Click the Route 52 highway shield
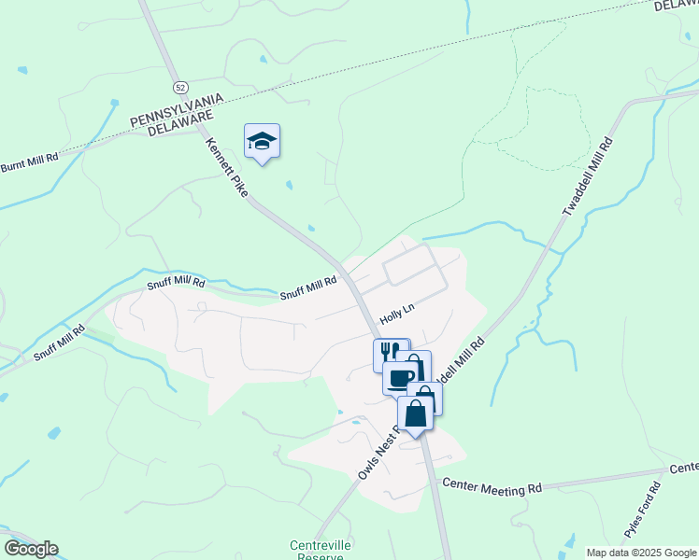[x=179, y=86]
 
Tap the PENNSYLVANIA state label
[x=177, y=109]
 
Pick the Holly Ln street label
[x=396, y=313]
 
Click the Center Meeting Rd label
[x=492, y=485]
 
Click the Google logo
[x=31, y=549]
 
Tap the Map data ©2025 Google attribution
[x=642, y=553]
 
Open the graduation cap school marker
[x=262, y=142]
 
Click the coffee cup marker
[x=400, y=377]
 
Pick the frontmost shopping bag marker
[x=416, y=413]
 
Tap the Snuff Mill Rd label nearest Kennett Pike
[x=308, y=289]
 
